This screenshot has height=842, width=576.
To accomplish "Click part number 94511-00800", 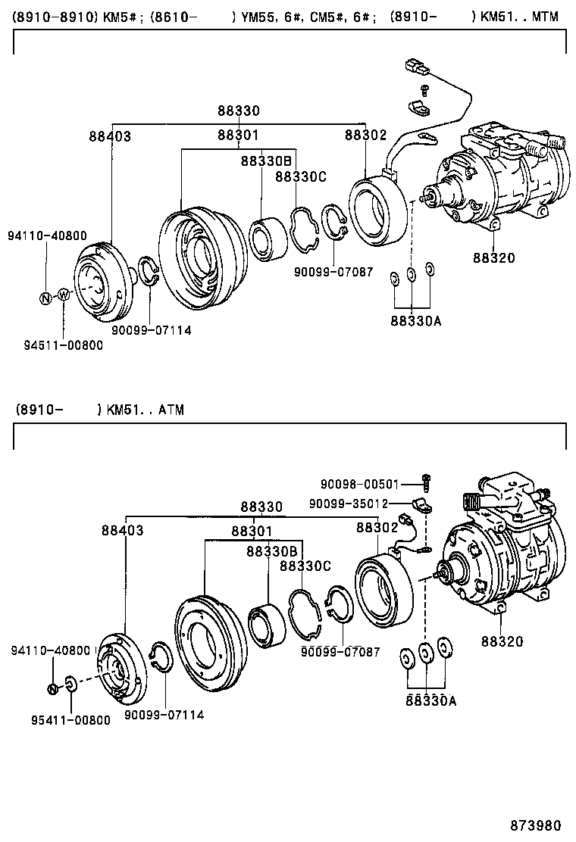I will [63, 345].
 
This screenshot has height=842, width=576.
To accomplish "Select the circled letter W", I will [64, 295].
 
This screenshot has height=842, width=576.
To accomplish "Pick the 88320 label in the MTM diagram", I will [493, 258].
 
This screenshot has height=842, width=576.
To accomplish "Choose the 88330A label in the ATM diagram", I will [430, 700].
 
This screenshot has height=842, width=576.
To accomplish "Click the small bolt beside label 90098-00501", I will [427, 480].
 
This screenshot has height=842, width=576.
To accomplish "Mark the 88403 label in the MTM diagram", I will [109, 137].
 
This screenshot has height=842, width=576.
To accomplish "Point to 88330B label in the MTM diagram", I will [266, 161].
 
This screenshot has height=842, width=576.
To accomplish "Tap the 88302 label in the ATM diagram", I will [377, 527].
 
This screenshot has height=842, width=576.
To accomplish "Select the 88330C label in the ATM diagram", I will [305, 565].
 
